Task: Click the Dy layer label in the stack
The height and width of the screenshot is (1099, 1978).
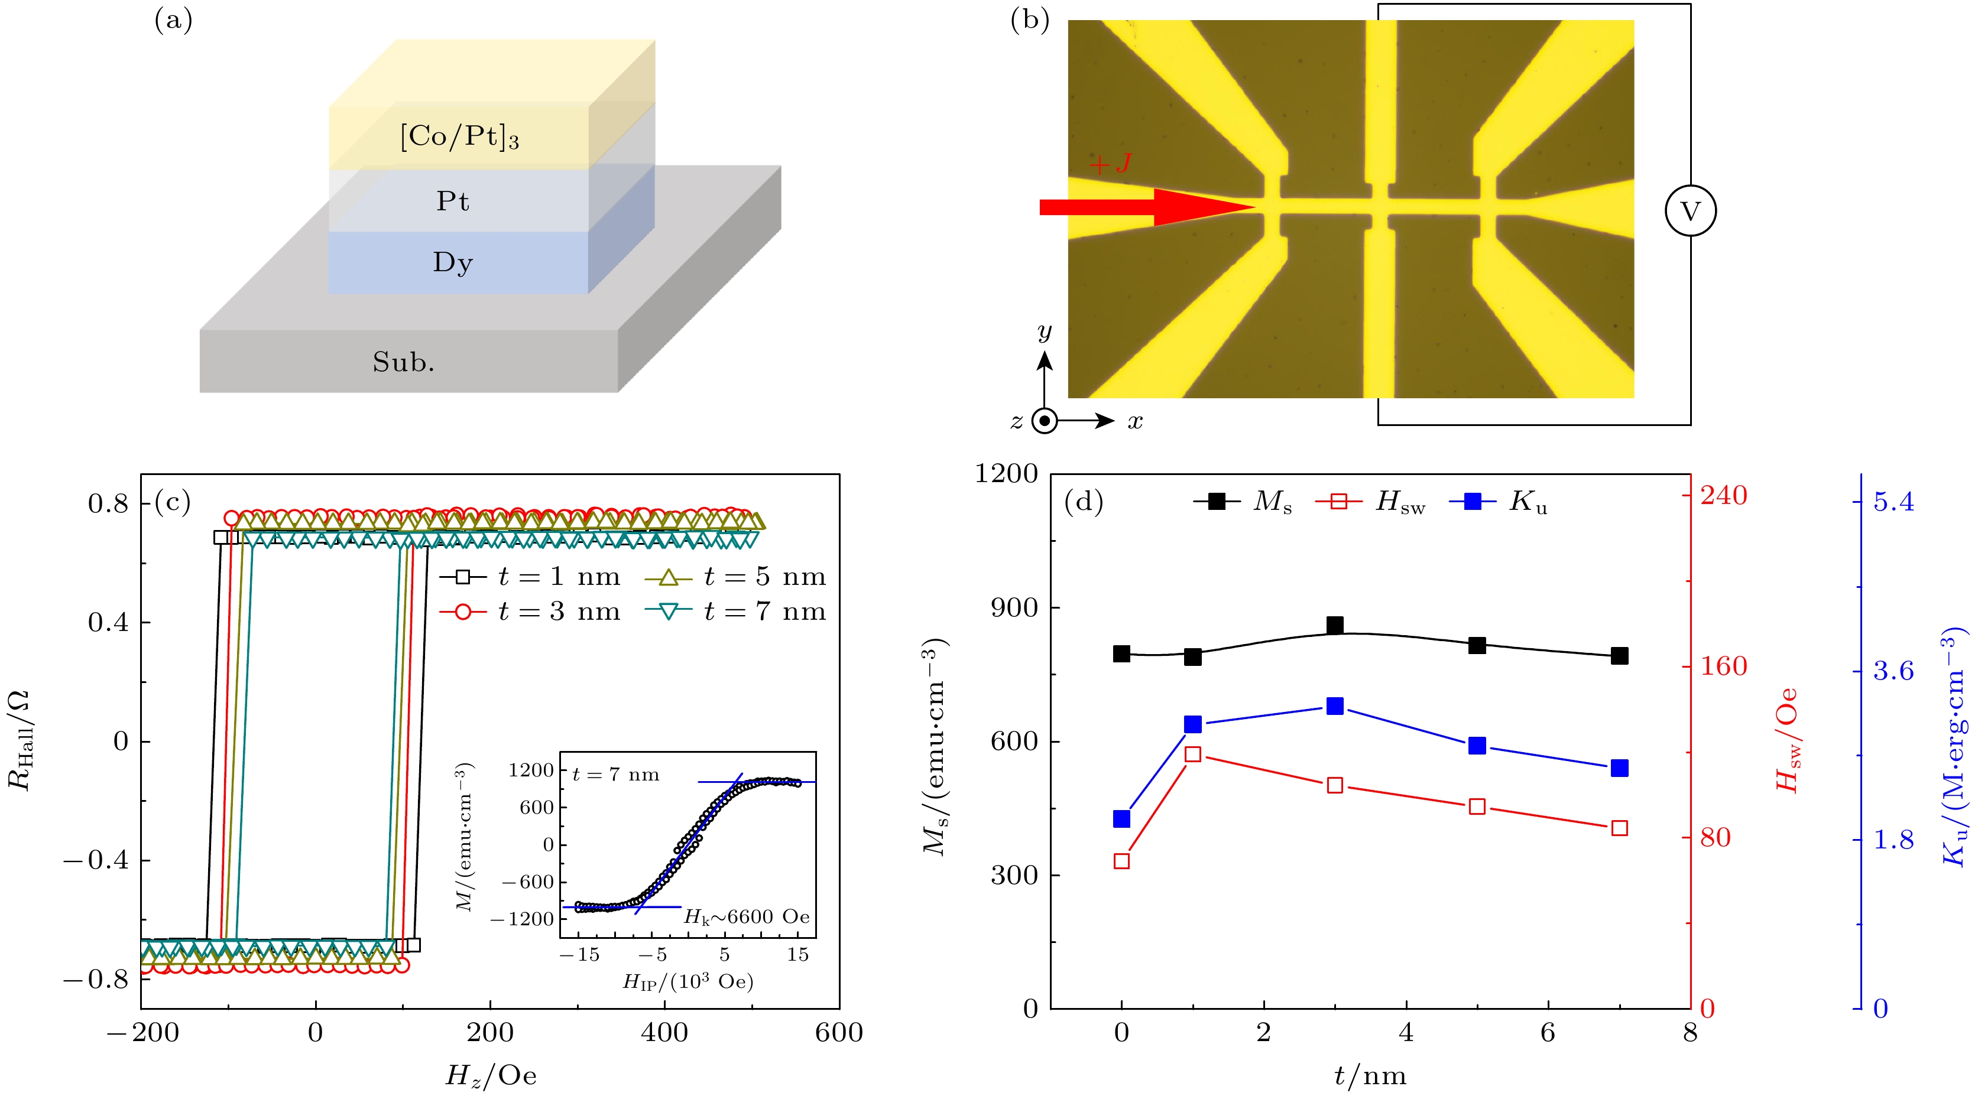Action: (x=452, y=262)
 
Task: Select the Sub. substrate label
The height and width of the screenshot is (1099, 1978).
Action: (x=404, y=362)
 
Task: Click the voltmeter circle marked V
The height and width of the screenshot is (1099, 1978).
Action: (x=1690, y=211)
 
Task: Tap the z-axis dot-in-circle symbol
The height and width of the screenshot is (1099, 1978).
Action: (x=1045, y=421)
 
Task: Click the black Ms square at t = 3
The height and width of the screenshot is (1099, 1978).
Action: (x=1335, y=626)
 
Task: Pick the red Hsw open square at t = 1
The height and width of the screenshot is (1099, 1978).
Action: (x=1192, y=754)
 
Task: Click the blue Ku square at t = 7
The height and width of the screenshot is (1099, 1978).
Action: (x=1619, y=768)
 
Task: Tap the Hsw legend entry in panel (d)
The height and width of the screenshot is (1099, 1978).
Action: (x=1371, y=502)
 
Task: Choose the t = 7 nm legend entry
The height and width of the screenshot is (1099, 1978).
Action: (x=735, y=612)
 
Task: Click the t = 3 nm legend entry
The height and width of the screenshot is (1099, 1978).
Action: (x=530, y=612)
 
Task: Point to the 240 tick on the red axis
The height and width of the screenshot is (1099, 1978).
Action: (x=1723, y=496)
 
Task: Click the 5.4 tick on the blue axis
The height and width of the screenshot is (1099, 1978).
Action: (x=1893, y=502)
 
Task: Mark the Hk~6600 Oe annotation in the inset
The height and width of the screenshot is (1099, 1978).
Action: (x=747, y=916)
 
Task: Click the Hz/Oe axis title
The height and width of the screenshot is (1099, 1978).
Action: (x=491, y=1076)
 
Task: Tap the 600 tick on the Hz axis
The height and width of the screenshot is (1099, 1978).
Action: (x=838, y=1033)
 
